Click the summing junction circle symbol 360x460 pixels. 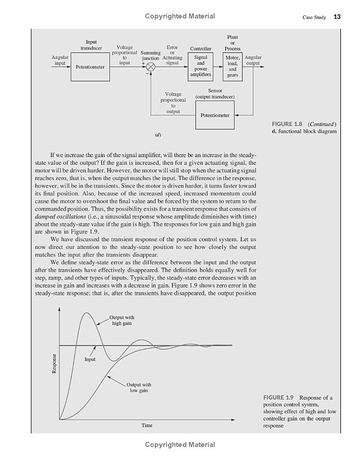151,67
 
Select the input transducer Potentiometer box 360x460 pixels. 90,67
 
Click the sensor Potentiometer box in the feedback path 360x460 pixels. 215,115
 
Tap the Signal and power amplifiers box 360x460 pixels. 200,67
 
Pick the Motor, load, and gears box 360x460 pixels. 232,67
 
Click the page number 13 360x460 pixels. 337,17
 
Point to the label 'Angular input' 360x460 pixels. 60,60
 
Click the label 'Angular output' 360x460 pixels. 253,60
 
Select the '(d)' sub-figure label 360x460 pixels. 158,135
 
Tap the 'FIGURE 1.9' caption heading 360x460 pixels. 279,397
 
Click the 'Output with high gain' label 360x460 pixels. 121,320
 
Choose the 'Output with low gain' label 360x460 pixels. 139,388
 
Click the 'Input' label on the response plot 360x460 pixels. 90,359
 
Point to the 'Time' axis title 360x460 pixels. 147,425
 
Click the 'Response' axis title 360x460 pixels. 54,363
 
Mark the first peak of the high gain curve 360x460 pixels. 86,313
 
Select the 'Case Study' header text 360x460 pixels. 314,18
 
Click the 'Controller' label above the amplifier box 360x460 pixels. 200,49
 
